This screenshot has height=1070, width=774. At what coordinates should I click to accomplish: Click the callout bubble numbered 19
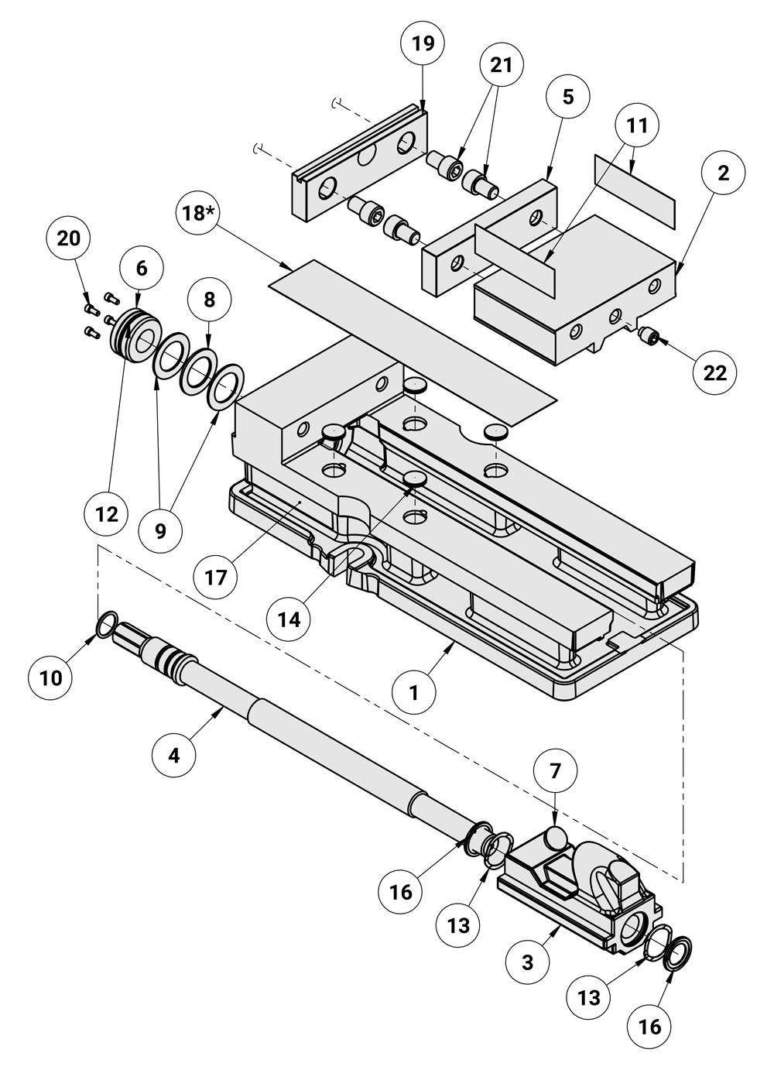[x=423, y=44]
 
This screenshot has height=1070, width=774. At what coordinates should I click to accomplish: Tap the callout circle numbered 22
[x=714, y=372]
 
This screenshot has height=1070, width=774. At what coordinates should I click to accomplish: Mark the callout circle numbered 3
[x=527, y=962]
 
